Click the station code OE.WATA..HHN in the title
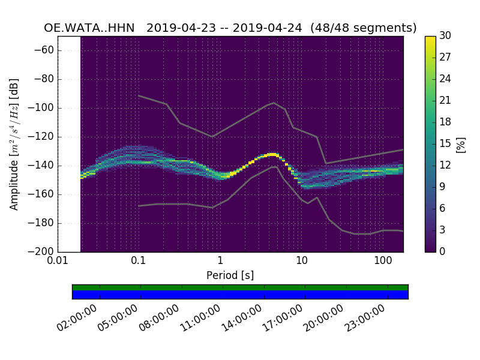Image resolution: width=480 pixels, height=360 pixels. (89, 28)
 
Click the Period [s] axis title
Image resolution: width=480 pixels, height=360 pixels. (230, 275)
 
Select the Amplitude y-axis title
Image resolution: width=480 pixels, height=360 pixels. (14, 144)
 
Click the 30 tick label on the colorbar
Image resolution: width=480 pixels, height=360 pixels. (445, 36)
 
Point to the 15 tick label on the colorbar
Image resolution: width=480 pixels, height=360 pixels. (445, 143)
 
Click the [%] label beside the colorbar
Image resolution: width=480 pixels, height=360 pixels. (461, 144)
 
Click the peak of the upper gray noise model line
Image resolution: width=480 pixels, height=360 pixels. (274, 103)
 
